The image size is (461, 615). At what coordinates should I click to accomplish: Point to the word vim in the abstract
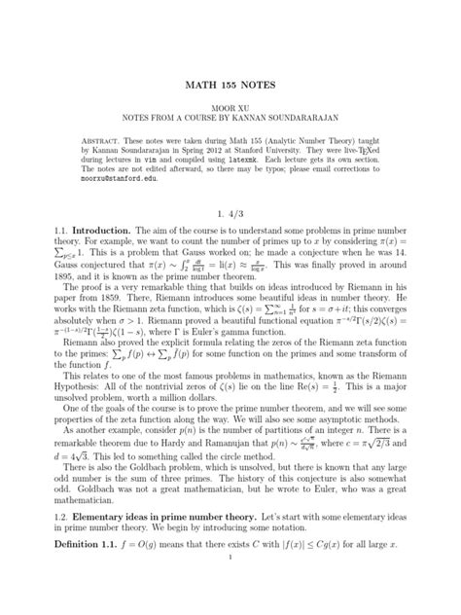coord(156,163)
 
